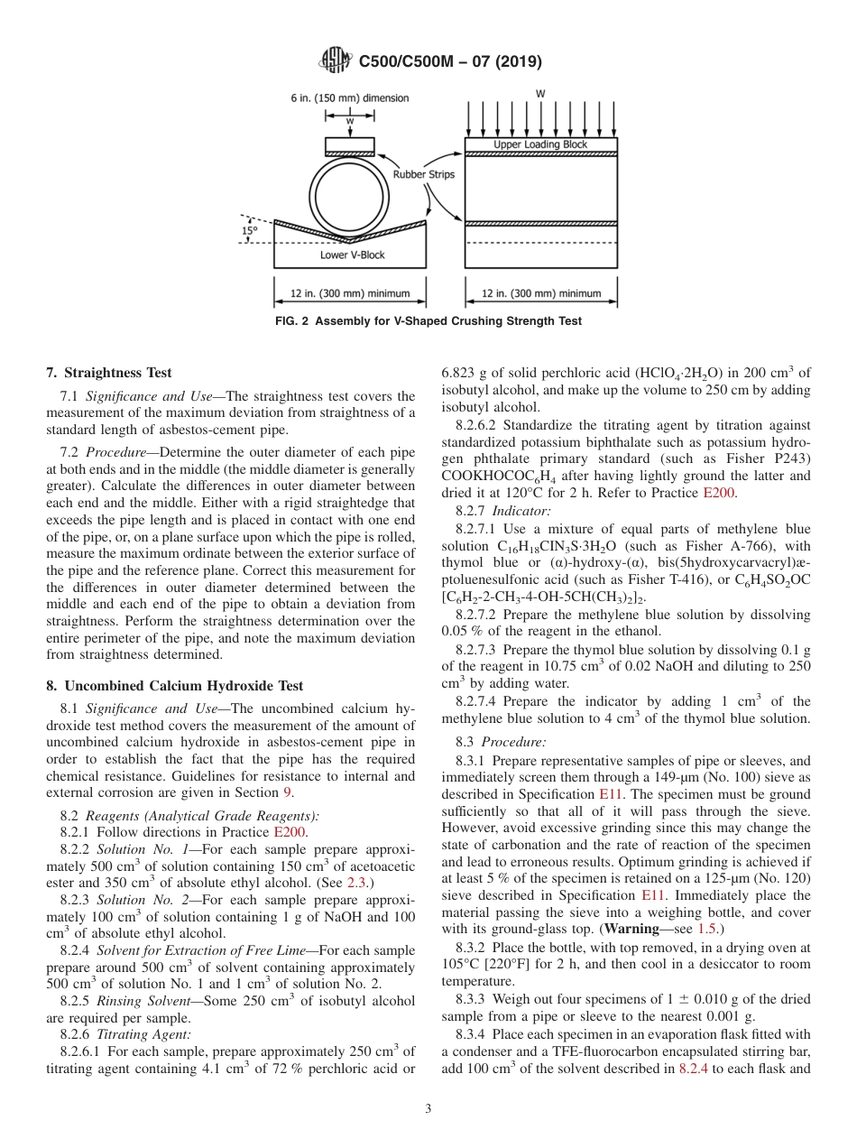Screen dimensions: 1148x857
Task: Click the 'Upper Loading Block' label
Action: [x=540, y=144]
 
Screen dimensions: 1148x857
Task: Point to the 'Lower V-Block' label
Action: [x=352, y=255]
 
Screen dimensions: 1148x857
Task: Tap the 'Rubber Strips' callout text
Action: [x=423, y=174]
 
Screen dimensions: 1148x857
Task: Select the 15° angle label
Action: [x=249, y=230]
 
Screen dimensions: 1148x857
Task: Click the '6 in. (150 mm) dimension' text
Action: [x=349, y=97]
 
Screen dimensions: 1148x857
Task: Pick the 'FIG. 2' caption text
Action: [x=428, y=321]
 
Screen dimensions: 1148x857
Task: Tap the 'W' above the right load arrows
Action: [x=540, y=94]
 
